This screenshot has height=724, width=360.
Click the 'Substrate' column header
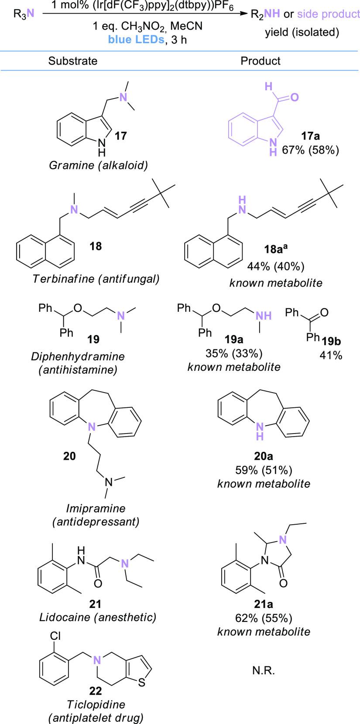(x=73, y=61)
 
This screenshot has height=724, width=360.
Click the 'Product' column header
(x=261, y=61)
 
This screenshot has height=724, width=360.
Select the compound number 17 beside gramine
(x=121, y=136)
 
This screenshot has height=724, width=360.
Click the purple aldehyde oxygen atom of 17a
(x=295, y=97)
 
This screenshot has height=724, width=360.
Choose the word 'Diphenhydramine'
(x=78, y=356)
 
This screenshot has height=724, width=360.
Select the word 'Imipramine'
(x=96, y=509)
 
